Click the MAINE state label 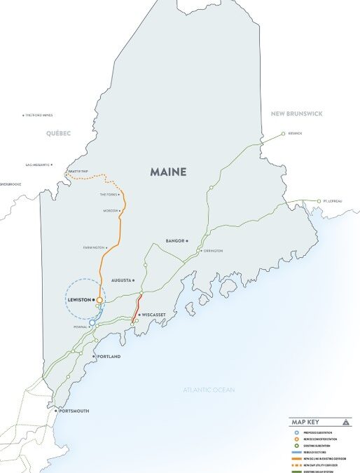pos(173,171)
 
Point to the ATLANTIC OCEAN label pos(209,390)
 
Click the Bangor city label pos(175,240)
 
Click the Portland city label pos(109,357)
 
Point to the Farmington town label pos(92,247)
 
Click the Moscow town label pos(108,210)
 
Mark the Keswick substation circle pos(283,132)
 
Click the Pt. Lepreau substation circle pos(319,200)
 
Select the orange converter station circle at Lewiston pos(100,299)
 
